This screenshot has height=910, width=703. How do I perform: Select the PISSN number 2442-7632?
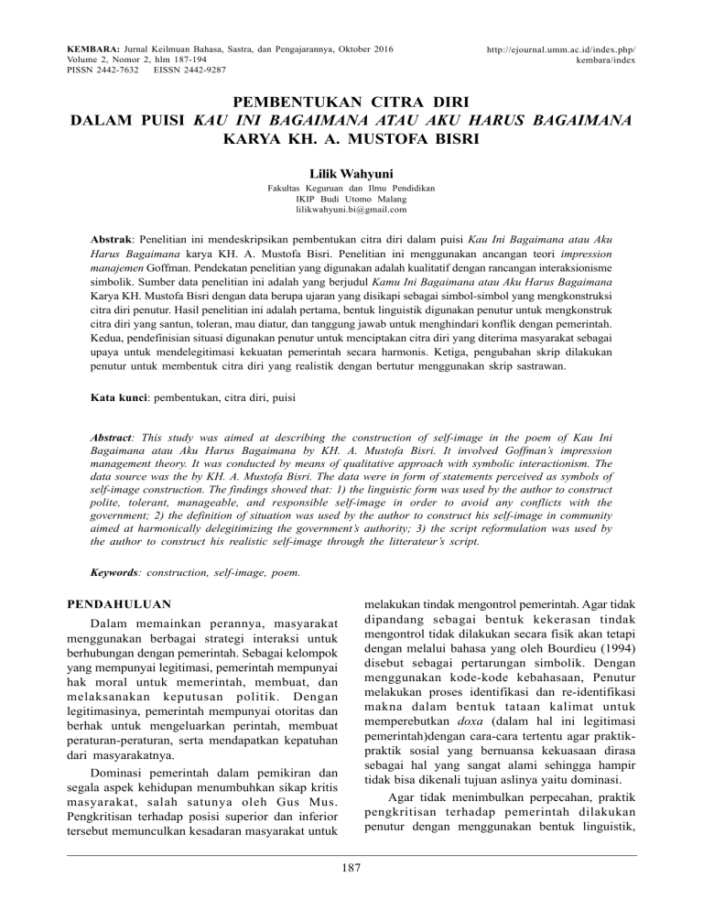click(x=118, y=69)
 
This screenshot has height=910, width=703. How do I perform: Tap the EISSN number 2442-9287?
click(x=201, y=69)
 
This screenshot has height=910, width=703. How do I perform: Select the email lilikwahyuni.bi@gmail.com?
click(x=351, y=209)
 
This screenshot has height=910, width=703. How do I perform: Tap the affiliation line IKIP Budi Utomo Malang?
click(x=351, y=198)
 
